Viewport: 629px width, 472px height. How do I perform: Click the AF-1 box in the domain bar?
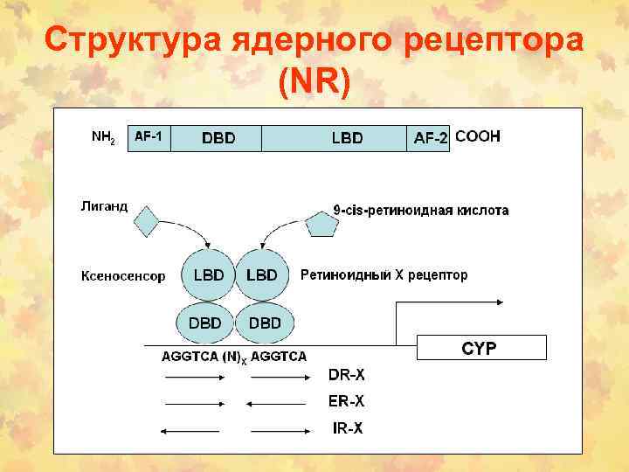coord(149,137)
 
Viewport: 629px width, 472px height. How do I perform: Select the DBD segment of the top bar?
coord(218,138)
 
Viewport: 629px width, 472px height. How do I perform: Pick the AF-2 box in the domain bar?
coord(429,138)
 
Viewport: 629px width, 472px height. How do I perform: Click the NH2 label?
coord(103,137)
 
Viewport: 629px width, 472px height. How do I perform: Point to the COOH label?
coord(478,136)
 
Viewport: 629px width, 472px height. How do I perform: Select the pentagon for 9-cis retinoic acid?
coord(321,224)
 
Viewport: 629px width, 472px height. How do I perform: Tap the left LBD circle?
coord(207,274)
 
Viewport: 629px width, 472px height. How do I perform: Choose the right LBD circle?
coord(261,274)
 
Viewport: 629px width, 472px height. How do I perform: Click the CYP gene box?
coord(480,348)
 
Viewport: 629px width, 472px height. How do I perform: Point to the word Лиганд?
coord(104,206)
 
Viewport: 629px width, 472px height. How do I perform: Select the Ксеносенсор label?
coord(123,276)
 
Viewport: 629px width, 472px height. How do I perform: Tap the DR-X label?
coord(346,377)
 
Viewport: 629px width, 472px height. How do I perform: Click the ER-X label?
coord(346,402)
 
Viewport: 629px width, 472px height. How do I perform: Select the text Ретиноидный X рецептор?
coord(384,274)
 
